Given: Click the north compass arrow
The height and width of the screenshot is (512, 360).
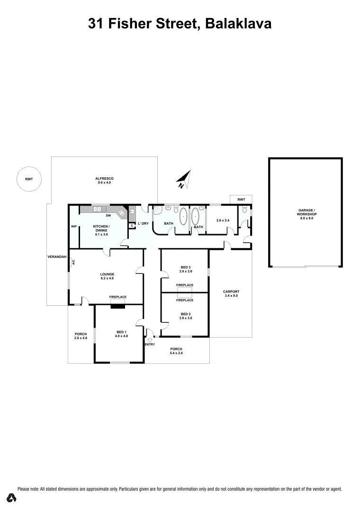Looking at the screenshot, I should tap(184, 178).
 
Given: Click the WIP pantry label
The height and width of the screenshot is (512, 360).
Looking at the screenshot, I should tap(73, 227).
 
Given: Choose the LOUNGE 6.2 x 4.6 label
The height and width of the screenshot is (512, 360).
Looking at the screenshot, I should tap(107, 276).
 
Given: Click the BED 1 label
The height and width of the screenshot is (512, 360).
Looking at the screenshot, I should tap(121, 334).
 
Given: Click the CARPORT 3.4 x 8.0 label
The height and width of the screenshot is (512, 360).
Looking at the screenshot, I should tap(232, 293).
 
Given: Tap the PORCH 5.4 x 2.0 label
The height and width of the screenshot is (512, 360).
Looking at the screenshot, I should tap(177, 351).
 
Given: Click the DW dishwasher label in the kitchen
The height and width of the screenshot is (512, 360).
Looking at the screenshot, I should tap(108, 216).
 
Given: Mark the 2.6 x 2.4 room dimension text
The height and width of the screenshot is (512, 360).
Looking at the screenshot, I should tap(223, 220).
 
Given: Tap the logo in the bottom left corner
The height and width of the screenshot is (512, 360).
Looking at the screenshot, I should tap(11, 498).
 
